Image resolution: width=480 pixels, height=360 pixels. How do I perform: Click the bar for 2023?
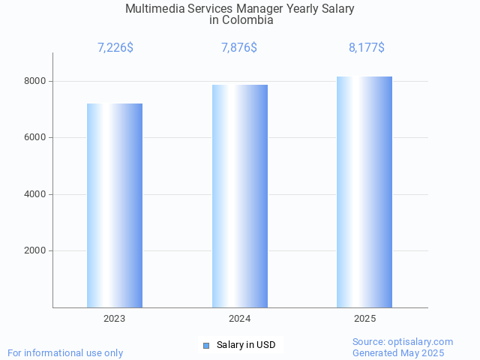115,205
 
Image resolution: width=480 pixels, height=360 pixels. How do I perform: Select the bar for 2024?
240,196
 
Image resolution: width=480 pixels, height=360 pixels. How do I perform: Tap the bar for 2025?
364,192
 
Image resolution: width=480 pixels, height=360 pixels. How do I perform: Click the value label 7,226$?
115,48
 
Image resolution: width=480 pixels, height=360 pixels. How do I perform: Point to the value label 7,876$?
239,48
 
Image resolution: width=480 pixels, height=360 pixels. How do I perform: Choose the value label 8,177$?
367,48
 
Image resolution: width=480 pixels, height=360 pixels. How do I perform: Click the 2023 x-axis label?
115,319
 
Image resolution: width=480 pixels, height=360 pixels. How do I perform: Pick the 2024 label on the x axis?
240,319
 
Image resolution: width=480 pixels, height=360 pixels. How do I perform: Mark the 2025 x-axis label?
365,319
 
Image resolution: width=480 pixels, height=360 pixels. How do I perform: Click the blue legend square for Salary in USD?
206,345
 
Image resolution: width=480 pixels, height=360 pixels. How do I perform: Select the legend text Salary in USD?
246,345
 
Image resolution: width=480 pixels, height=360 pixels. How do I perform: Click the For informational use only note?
65,352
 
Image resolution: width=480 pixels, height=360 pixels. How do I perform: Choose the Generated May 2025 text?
398,352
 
